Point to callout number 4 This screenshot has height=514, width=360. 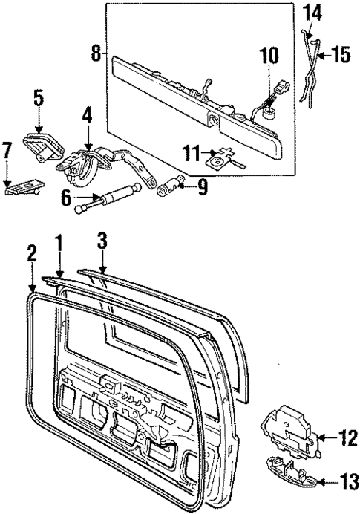(87, 116)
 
